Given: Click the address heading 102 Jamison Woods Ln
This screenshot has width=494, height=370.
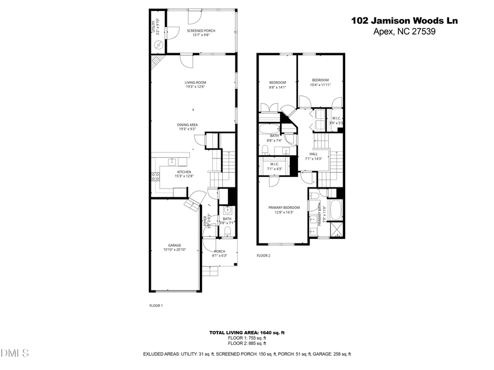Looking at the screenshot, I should click(x=404, y=20).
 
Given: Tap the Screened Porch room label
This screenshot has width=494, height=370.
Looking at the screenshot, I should click(x=201, y=33).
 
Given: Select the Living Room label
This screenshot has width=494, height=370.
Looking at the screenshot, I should click(x=195, y=84).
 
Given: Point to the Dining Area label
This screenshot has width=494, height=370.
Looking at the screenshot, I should click(x=187, y=127).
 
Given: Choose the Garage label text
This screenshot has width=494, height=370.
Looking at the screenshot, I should click(x=175, y=247).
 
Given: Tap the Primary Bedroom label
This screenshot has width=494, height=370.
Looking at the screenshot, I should click(x=284, y=209).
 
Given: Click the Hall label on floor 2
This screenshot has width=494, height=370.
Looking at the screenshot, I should click(x=313, y=156).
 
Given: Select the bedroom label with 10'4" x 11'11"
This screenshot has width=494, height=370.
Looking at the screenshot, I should click(x=320, y=82).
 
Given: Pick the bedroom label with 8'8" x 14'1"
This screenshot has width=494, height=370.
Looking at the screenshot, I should click(x=277, y=84).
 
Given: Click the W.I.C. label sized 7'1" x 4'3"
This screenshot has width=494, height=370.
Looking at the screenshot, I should click(x=274, y=166).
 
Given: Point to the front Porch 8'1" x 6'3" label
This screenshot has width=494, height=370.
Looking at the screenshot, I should click(x=220, y=253).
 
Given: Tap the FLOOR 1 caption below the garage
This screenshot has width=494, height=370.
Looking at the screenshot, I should click(x=156, y=305).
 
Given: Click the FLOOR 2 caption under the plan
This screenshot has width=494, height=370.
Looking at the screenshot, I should click(x=263, y=255).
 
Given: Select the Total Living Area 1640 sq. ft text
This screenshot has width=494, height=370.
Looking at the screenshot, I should click(x=246, y=333).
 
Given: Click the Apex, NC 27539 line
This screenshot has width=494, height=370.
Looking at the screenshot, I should click(x=403, y=31).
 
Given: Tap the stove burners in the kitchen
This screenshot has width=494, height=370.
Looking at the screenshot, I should click(x=155, y=177).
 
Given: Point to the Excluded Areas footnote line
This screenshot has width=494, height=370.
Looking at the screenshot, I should click(x=246, y=354).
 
